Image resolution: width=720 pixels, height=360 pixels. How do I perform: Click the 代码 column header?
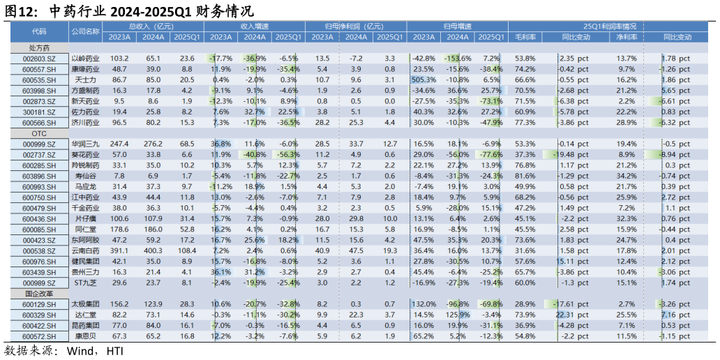tap(39, 31)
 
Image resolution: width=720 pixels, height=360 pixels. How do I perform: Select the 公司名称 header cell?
tap(85, 31)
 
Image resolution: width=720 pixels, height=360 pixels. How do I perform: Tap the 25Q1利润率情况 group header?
tap(596, 26)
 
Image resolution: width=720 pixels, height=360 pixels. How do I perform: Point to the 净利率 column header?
tap(626, 37)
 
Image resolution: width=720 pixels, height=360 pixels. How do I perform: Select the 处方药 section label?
tap(39, 48)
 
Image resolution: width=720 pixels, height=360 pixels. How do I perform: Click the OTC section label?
tap(39, 133)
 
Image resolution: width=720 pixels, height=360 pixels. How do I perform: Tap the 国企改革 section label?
tap(39, 294)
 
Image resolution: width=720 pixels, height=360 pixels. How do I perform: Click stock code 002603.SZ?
tap(39, 59)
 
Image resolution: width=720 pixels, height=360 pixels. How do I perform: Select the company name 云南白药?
tap(85, 250)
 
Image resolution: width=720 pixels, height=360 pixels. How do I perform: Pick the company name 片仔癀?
tap(85, 218)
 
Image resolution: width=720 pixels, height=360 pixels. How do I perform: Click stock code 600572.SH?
tap(39, 336)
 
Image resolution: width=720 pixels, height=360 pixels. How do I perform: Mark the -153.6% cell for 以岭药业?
tap(458, 59)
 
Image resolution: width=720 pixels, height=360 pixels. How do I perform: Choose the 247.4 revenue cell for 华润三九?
tap(119, 144)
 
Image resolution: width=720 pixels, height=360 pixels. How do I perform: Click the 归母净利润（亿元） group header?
tap(357, 26)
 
